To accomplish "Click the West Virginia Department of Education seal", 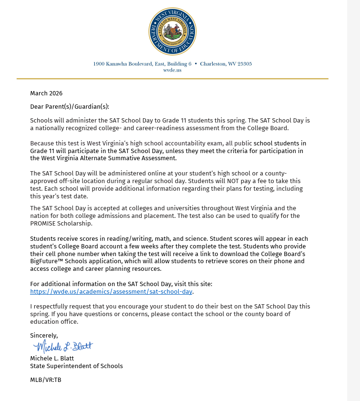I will pyautogui.click(x=172, y=31).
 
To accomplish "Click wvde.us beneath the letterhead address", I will pyautogui.click(x=172, y=70).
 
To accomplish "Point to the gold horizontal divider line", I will pyautogui.click(x=172, y=78).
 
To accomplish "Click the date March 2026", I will pyautogui.click(x=46, y=93).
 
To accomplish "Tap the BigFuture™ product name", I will pyautogui.click(x=48, y=261).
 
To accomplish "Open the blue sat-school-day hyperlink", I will pyautogui.click(x=111, y=291).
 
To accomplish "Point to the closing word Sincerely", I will pyautogui.click(x=44, y=336).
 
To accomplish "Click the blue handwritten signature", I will pyautogui.click(x=63, y=346).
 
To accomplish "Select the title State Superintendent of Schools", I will pyautogui.click(x=76, y=366).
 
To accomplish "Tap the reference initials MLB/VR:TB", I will pyautogui.click(x=46, y=380).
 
